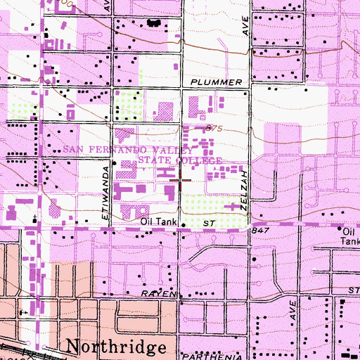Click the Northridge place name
pyautogui.click(x=117, y=347)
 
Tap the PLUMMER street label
pyautogui.click(x=220, y=82)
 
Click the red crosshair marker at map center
pyautogui.click(x=181, y=180)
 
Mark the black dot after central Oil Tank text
pyautogui.click(x=184, y=226)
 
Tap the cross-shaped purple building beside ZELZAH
pyautogui.click(x=235, y=207)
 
